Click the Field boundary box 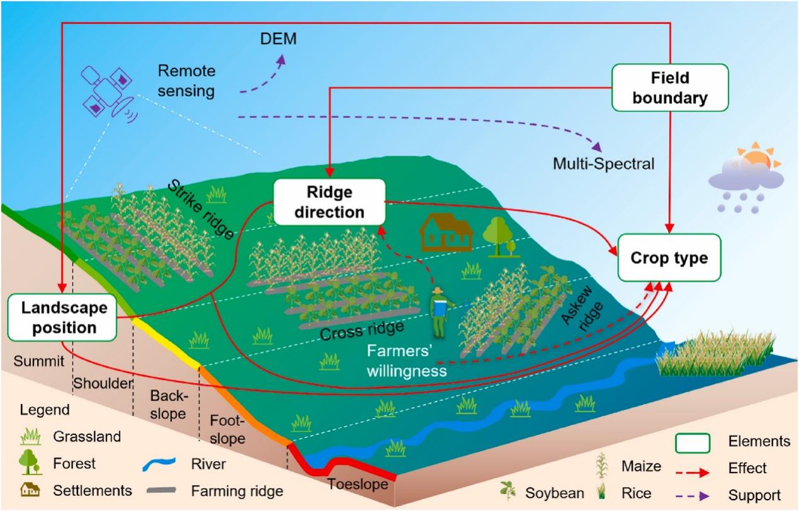[670, 88]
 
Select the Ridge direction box [329, 202]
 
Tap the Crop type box [669, 258]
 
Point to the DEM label [278, 41]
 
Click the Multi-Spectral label [604, 164]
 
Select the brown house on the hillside [446, 231]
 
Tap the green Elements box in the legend [692, 442]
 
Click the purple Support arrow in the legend [692, 495]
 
